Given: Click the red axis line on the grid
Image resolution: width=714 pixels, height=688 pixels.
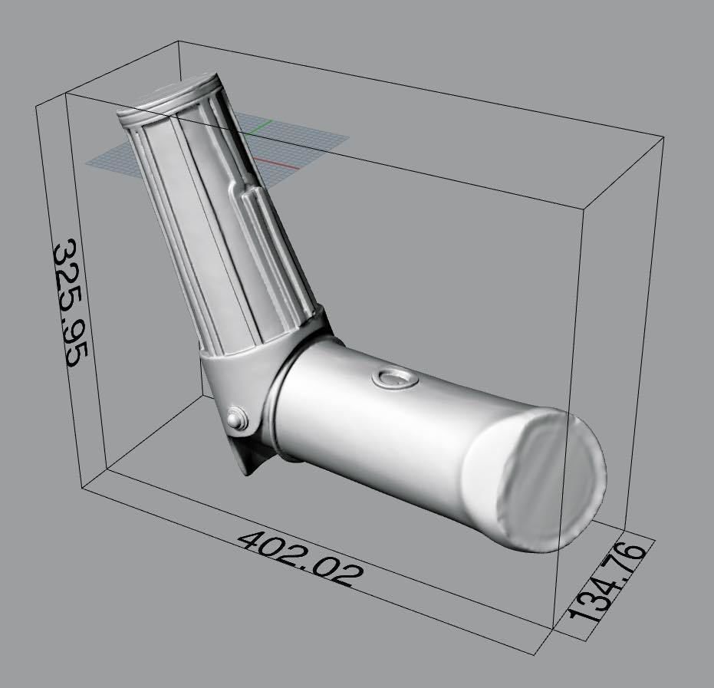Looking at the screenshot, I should tap(265, 160).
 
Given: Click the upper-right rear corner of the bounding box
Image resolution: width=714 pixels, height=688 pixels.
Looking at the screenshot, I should tap(662, 139).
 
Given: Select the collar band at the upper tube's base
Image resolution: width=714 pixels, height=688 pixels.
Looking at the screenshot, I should tap(265, 337).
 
